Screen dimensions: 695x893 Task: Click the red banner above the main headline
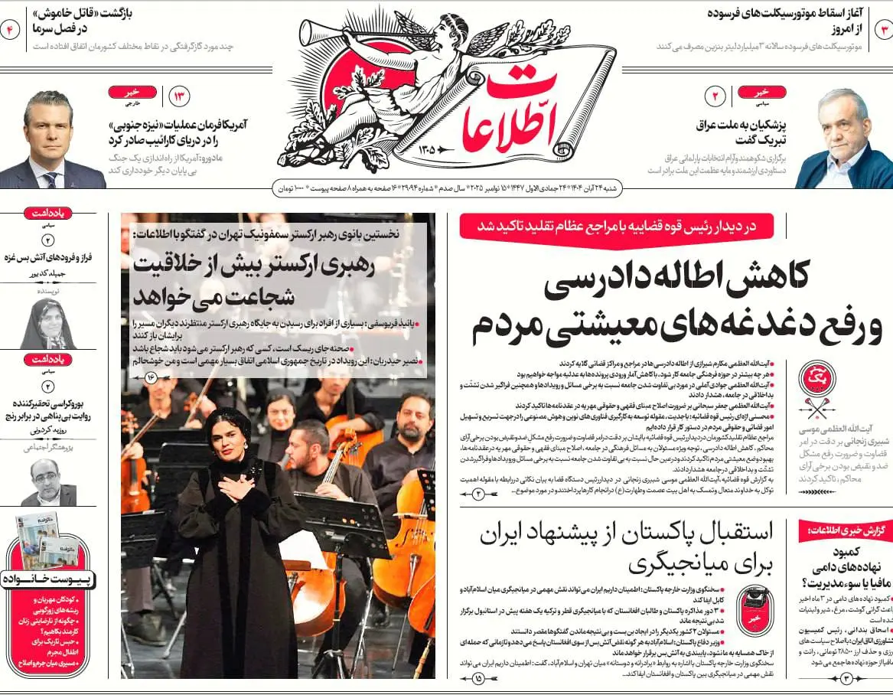[x=616, y=226]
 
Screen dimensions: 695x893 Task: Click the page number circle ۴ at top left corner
[x=11, y=30]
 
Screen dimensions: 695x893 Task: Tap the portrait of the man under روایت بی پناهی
[x=47, y=481]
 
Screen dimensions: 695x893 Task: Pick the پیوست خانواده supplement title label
[x=47, y=579]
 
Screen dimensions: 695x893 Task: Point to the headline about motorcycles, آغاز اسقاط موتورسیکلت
[x=785, y=21]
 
